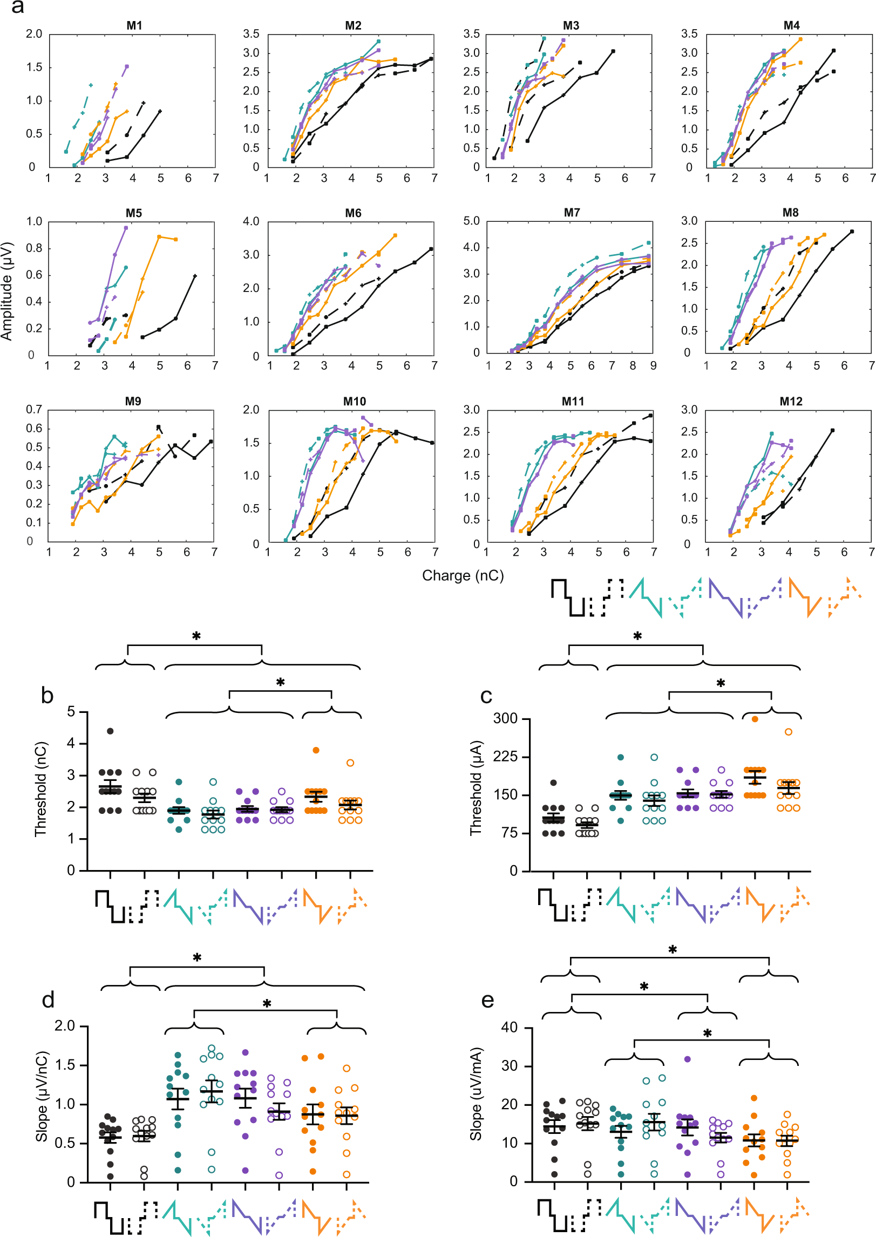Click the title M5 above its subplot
134,213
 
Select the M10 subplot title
354,402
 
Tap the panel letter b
47,696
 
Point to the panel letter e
487,1001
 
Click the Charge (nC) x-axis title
463,576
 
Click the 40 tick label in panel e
509,1028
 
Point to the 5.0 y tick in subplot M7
471,221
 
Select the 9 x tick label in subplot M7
653,366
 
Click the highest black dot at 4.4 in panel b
110,731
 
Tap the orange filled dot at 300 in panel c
755,719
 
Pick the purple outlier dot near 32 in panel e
688,1059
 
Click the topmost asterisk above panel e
672,949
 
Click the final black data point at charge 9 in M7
648,266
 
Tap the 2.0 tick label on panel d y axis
65,1026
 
